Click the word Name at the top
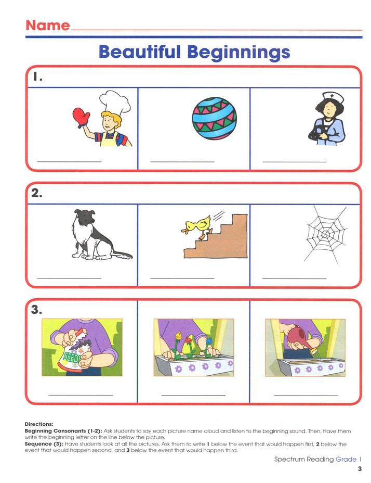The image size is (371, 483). [x=47, y=25]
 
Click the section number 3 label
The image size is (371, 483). [x=35, y=311]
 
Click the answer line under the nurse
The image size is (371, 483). [x=294, y=162]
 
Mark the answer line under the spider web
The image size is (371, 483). [x=294, y=278]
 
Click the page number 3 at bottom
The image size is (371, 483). [x=359, y=469]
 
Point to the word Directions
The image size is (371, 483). [x=39, y=424]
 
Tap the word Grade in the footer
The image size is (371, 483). [x=346, y=459]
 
